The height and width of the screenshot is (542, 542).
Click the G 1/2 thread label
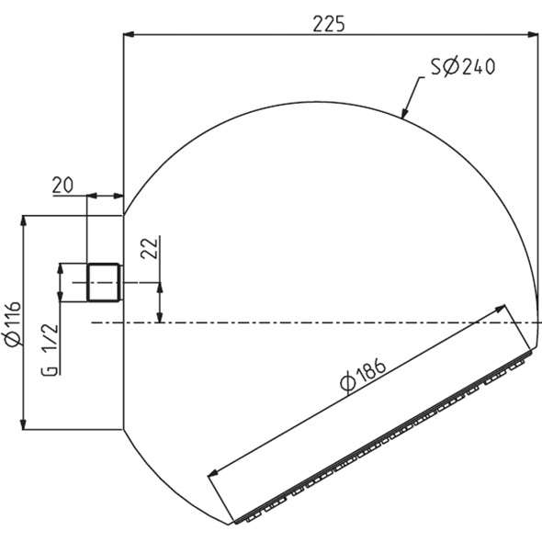[x=51, y=349]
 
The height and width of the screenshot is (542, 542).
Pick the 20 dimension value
[x=62, y=185]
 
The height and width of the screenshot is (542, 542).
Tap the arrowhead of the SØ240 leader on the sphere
[x=405, y=114]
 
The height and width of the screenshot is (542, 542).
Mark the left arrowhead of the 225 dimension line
[x=130, y=35]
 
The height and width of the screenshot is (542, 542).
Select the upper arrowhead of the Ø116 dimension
[x=23, y=220]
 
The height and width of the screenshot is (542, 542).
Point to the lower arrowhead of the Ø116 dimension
[x=23, y=423]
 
